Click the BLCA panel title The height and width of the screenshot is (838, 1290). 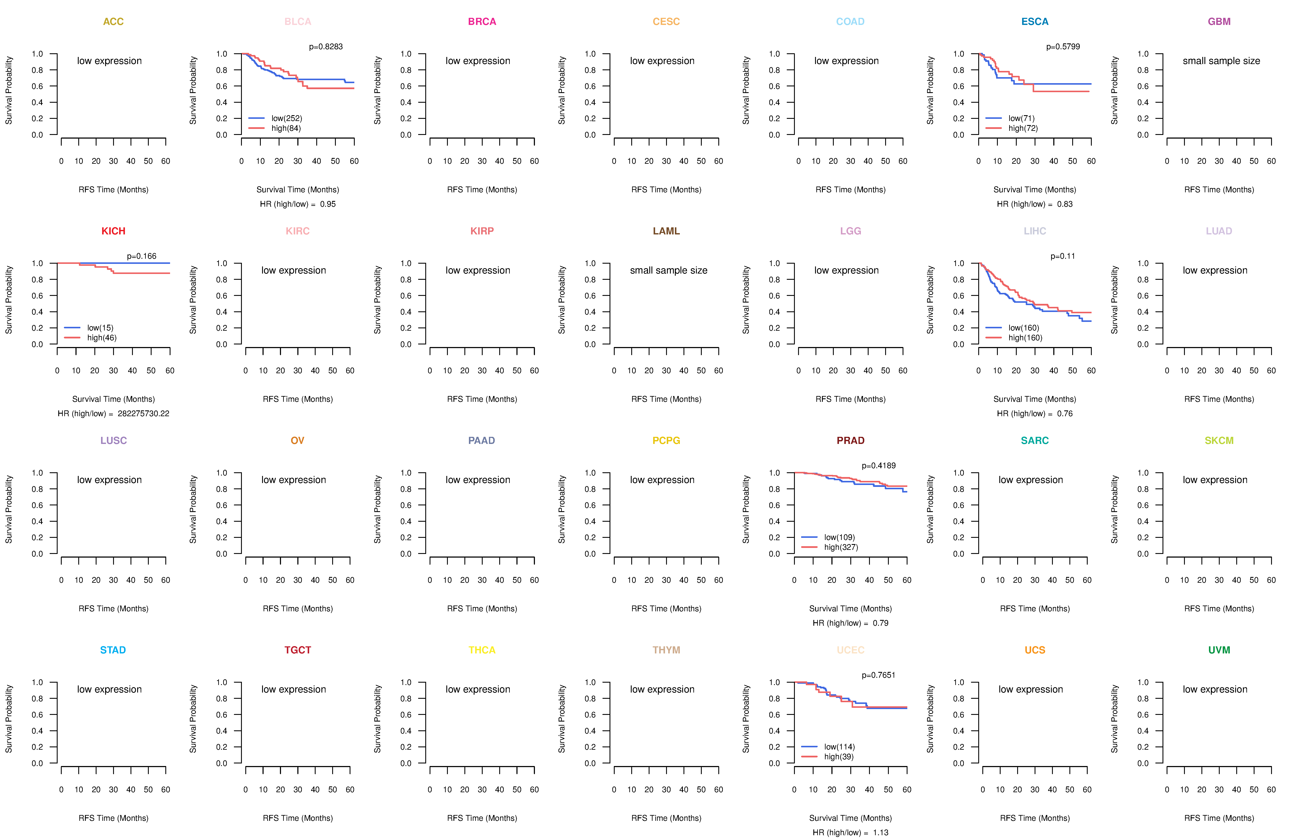(x=298, y=22)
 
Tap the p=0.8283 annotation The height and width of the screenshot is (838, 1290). (x=326, y=47)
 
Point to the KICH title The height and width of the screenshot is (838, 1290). (x=113, y=231)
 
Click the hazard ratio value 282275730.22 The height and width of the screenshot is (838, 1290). (x=143, y=413)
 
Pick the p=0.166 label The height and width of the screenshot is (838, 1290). (x=141, y=256)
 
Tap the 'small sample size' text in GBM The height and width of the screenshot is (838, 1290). (x=1221, y=61)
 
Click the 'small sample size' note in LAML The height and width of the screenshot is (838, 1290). (x=668, y=270)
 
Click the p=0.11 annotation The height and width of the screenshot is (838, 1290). (x=1062, y=256)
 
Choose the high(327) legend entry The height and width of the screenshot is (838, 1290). (x=841, y=547)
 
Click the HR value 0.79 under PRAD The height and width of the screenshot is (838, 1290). (x=880, y=623)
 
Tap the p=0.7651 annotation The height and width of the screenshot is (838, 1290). (x=879, y=675)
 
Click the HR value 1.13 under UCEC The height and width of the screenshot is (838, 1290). (x=880, y=833)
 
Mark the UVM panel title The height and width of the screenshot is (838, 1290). (x=1219, y=650)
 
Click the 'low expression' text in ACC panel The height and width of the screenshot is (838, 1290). (x=109, y=61)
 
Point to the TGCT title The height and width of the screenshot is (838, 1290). (x=298, y=650)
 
